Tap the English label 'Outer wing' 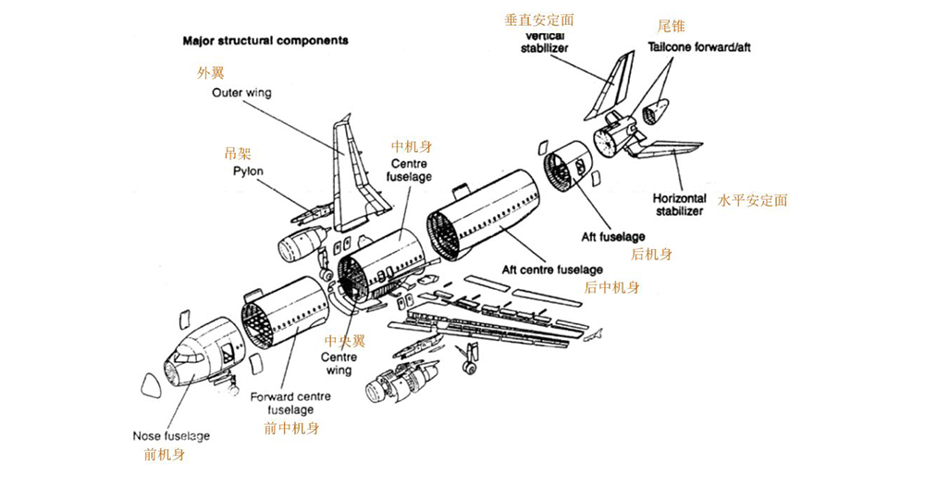pos(240,94)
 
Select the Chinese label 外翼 pos(211,72)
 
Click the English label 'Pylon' pos(248,171)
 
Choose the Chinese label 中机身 pos(412,146)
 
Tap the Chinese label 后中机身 pos(611,287)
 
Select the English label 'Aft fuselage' pos(613,237)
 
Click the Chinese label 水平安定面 pos(752,200)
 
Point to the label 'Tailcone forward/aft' pos(699,47)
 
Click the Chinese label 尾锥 pos(672,27)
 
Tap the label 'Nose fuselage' pos(171,435)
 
